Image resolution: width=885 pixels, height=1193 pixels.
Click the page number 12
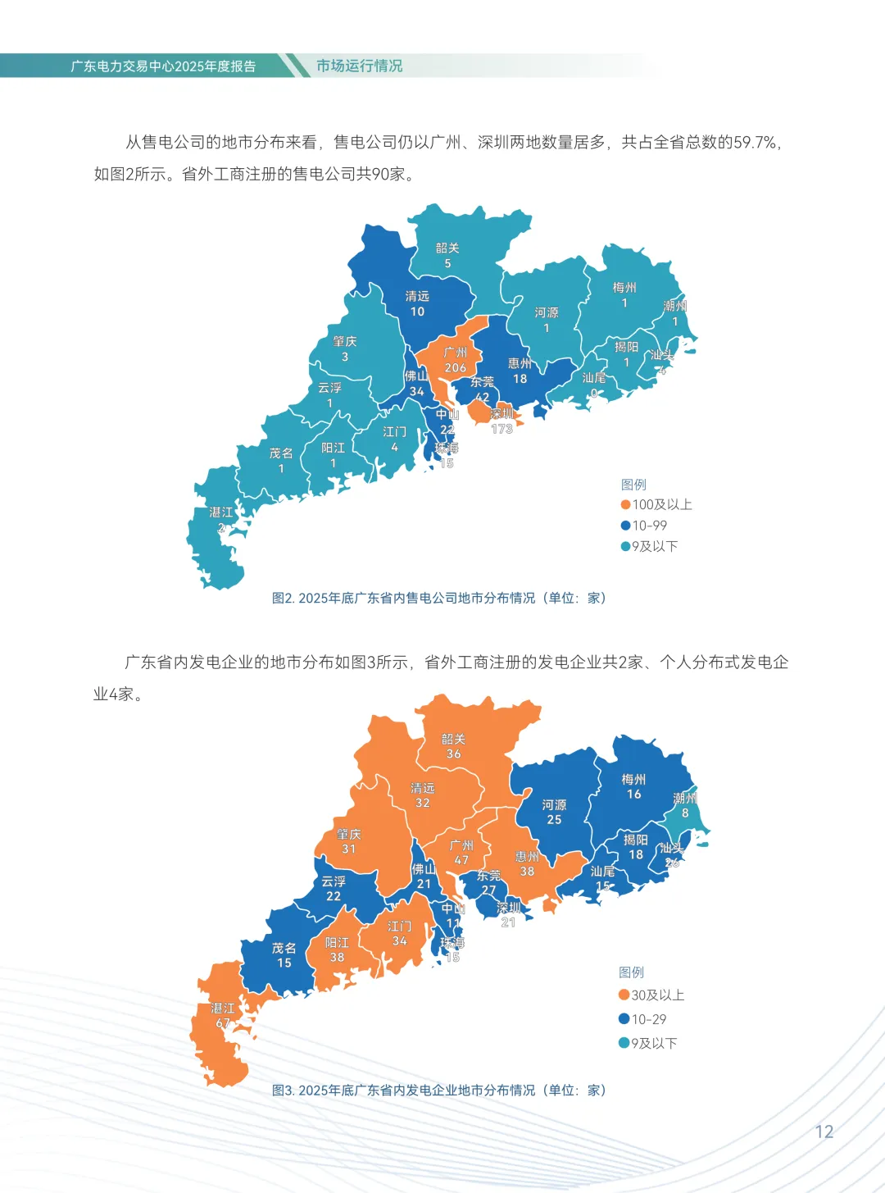tap(824, 1132)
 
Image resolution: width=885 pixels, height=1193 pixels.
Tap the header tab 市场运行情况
tap(359, 66)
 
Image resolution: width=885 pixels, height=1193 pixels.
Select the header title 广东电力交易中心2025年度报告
tap(163, 66)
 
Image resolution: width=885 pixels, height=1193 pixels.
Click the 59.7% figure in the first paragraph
tap(755, 143)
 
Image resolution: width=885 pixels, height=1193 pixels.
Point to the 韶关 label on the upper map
tap(447, 248)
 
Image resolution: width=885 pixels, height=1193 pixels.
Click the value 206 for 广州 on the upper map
tap(456, 368)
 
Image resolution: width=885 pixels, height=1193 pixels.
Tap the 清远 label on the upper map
tap(417, 296)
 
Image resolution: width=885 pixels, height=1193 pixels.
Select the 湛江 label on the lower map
tap(222, 1009)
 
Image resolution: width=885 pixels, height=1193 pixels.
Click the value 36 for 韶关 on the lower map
tap(453, 754)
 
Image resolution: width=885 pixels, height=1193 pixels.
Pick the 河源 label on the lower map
tap(554, 805)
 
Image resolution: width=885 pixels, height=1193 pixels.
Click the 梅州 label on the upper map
tap(624, 288)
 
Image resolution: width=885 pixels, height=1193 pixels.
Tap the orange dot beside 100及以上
tap(625, 505)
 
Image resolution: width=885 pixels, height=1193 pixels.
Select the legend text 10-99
tap(649, 526)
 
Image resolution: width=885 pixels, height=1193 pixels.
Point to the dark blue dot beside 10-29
tap(624, 1019)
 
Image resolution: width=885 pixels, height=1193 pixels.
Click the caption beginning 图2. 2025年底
tap(439, 599)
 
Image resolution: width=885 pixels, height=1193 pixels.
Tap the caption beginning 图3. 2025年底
tap(439, 1091)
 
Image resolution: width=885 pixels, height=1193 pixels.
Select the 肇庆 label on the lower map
tap(348, 834)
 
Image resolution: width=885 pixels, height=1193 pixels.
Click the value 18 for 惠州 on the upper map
tap(520, 379)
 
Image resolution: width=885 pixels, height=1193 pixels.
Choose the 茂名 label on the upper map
tap(281, 453)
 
